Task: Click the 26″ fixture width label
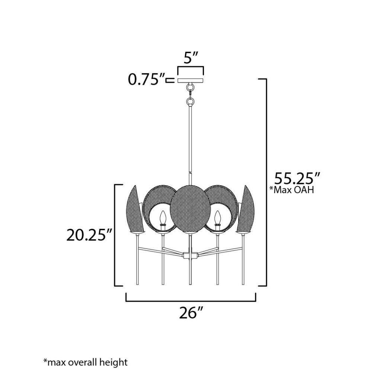(191, 313)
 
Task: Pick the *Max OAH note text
(292, 190)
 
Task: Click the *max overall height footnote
(86, 362)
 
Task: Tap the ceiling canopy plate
(190, 81)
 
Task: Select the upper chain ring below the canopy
(190, 87)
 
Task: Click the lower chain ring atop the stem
(190, 102)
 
